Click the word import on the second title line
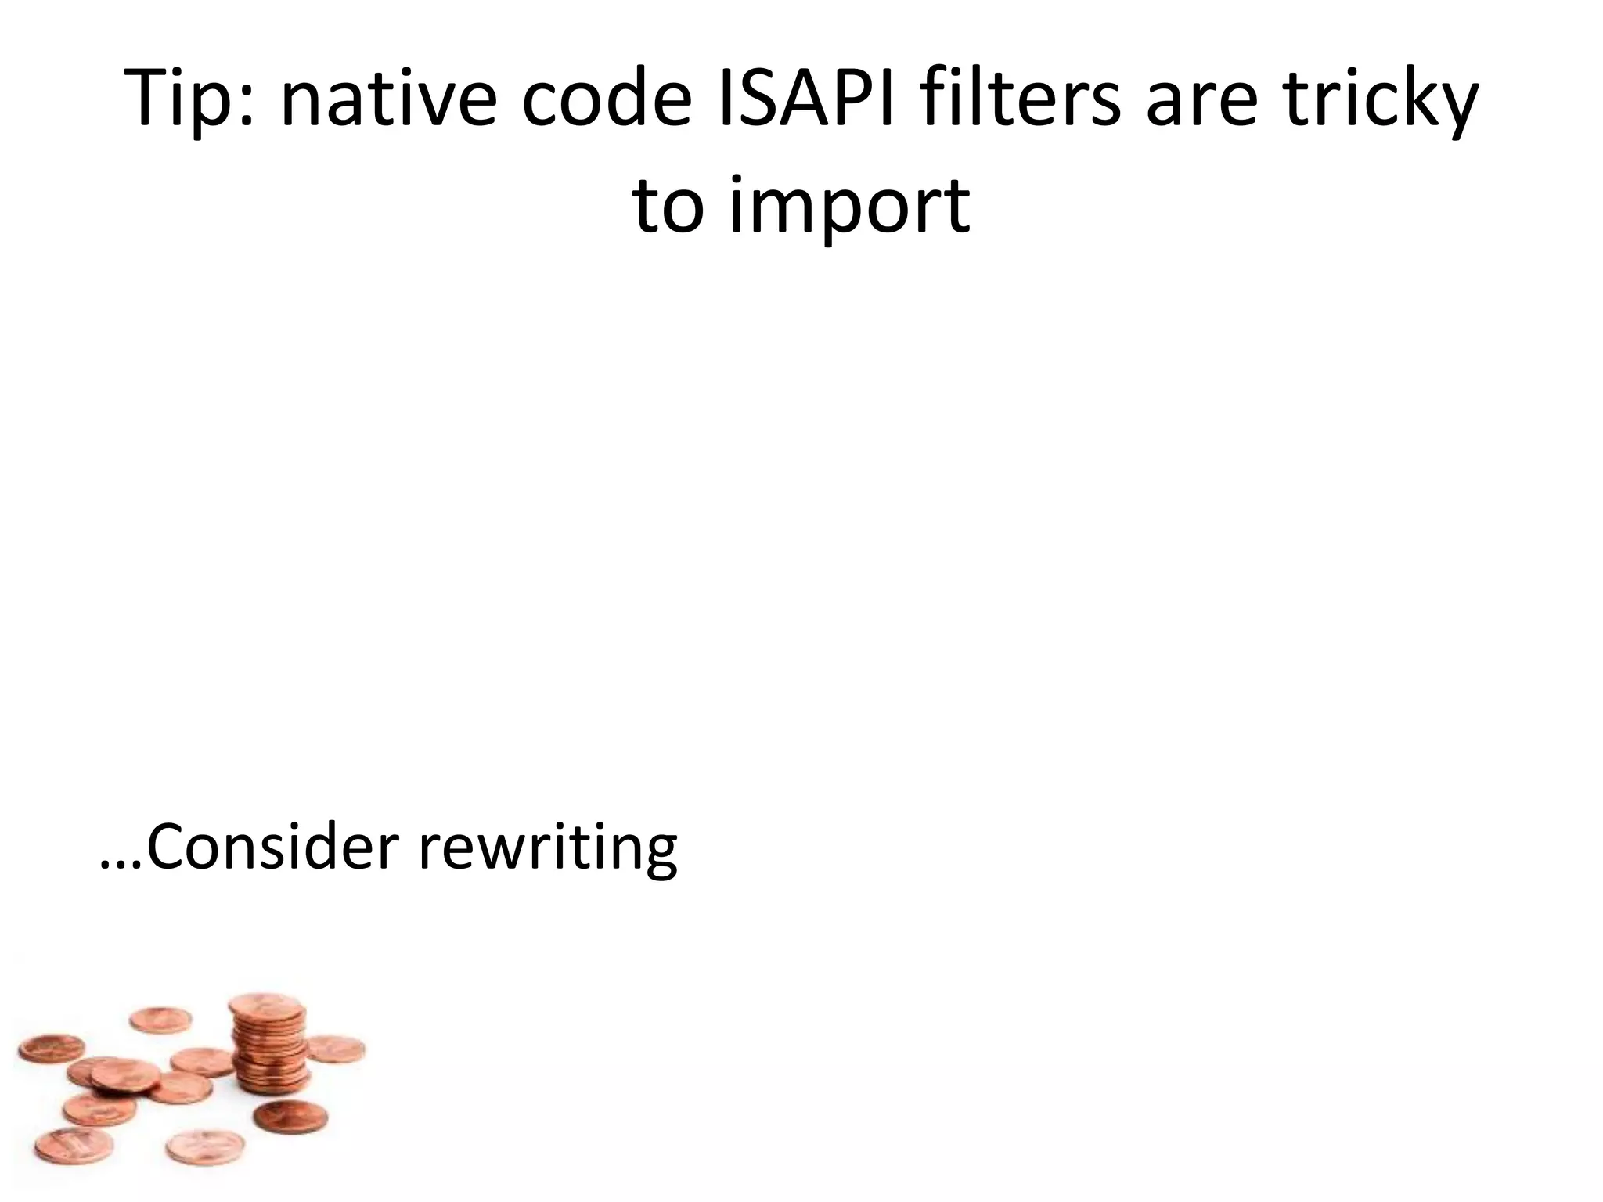848,207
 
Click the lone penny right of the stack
335,1048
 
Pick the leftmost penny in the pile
52,1049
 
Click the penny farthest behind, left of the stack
160,1020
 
